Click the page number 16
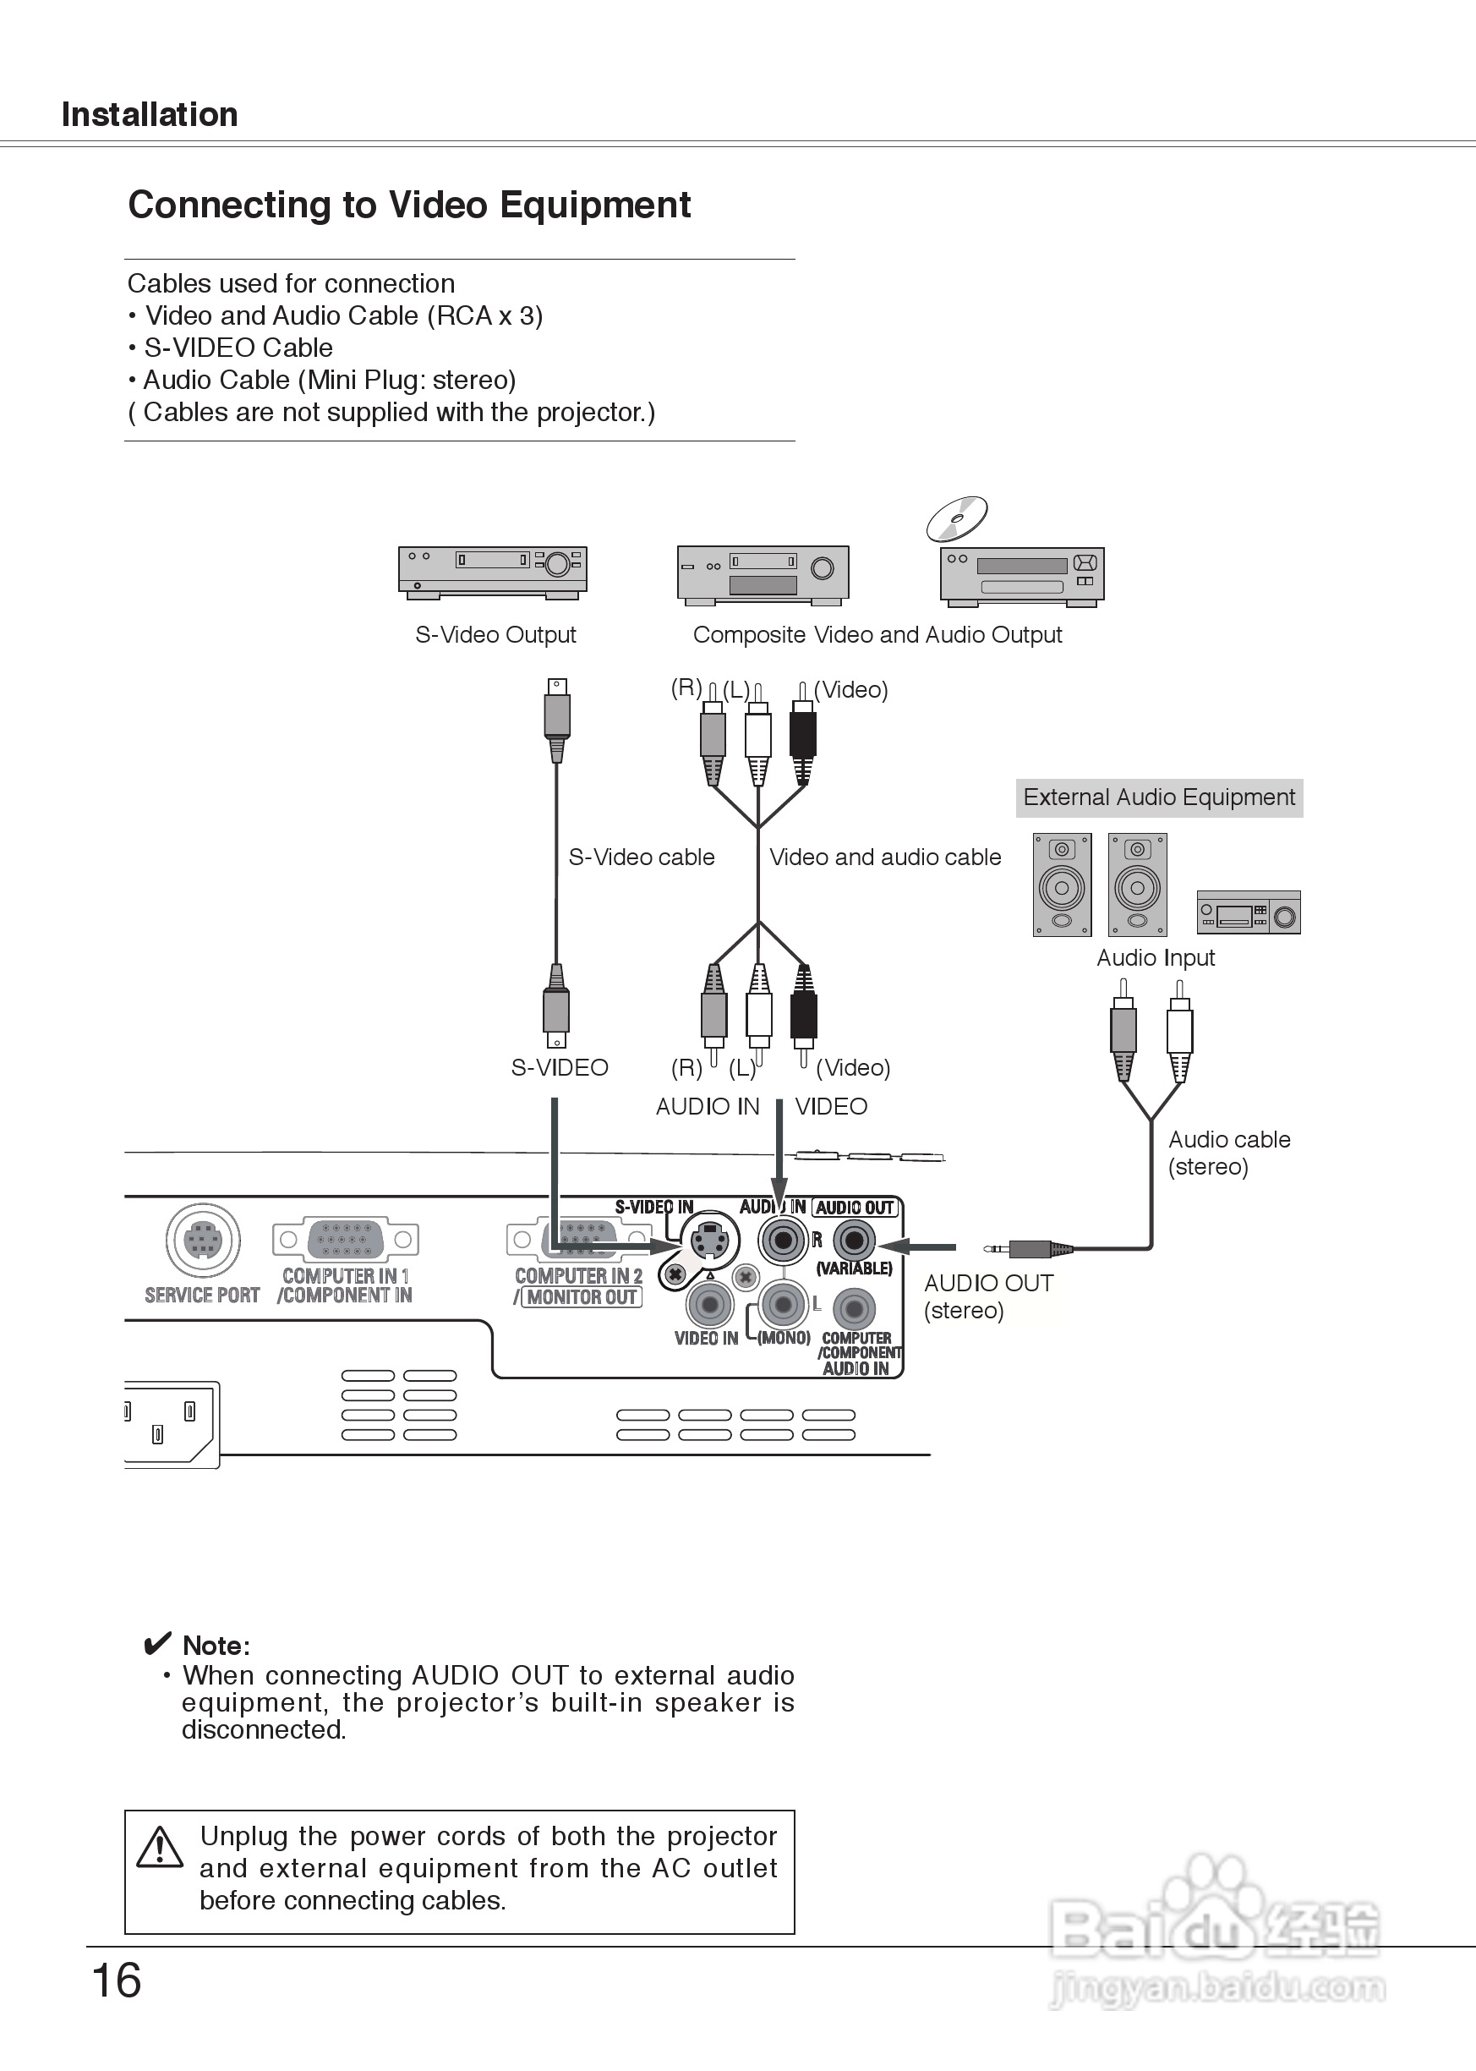117,1981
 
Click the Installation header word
150,114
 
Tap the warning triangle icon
160,1848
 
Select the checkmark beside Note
157,1644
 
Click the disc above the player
957,519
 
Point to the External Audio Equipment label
1159,797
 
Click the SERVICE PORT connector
203,1240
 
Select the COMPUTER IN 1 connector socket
346,1239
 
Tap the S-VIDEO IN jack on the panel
709,1241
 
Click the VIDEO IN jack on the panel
709,1306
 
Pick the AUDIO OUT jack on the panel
854,1240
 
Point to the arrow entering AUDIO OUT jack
918,1246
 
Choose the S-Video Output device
493,572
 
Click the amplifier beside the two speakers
1249,912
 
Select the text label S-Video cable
642,857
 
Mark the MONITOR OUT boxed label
582,1297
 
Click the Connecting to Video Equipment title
409,205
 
